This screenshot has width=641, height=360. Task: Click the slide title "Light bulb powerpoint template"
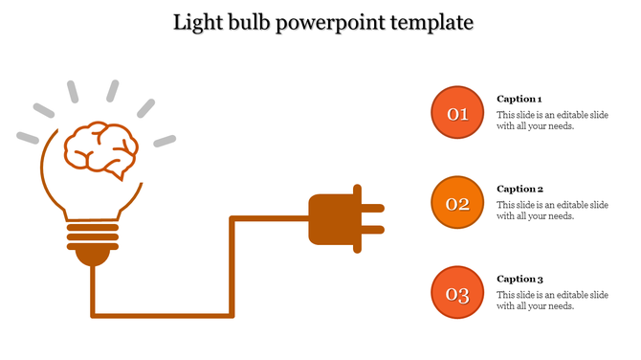click(322, 21)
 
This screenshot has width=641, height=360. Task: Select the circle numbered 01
click(458, 114)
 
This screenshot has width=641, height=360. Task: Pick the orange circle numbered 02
click(458, 203)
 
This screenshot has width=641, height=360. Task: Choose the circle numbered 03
click(458, 293)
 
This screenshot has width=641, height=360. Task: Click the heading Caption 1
click(519, 99)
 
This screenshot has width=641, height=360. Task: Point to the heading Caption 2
click(519, 189)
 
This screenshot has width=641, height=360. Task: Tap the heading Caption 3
click(519, 279)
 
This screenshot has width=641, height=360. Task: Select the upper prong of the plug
click(372, 208)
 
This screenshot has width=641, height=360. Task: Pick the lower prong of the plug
click(372, 230)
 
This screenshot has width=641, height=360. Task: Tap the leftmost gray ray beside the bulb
click(28, 137)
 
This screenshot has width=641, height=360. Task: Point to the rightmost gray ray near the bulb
click(166, 141)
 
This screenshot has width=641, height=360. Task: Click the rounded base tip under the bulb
click(93, 256)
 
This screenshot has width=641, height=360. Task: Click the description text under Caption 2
click(552, 211)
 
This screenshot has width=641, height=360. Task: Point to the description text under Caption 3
click(552, 301)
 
